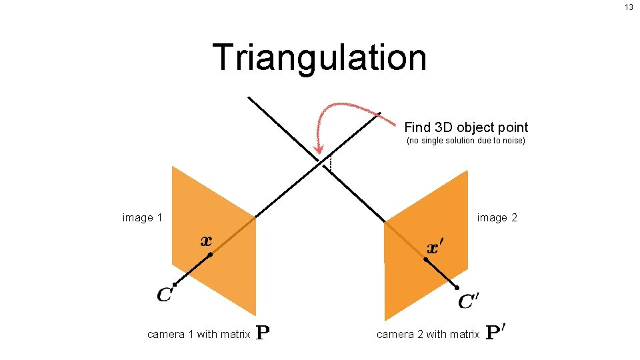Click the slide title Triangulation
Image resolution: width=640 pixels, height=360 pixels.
pyautogui.click(x=319, y=57)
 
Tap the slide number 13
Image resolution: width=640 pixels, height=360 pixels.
pyautogui.click(x=629, y=7)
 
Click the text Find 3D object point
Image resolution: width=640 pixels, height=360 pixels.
pyautogui.click(x=466, y=127)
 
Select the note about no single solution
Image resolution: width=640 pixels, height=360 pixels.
pyautogui.click(x=466, y=141)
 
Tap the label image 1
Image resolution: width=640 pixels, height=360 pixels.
pyautogui.click(x=143, y=218)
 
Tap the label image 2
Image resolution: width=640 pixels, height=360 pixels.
pyautogui.click(x=497, y=218)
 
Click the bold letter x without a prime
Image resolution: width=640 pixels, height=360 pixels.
pyautogui.click(x=207, y=241)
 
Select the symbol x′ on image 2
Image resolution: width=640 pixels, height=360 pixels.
pyautogui.click(x=434, y=248)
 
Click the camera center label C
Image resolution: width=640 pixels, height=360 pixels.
pyautogui.click(x=165, y=294)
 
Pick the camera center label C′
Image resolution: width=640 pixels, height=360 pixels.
pyautogui.click(x=469, y=301)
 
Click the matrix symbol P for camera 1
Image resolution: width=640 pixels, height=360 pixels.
pyautogui.click(x=263, y=333)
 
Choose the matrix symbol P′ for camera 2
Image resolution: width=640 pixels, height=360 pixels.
pyautogui.click(x=495, y=332)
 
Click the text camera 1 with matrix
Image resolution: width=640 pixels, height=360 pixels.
pyautogui.click(x=199, y=334)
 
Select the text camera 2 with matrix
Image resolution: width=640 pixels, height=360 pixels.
pyautogui.click(x=428, y=334)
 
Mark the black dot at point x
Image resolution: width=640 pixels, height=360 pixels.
pyautogui.click(x=209, y=255)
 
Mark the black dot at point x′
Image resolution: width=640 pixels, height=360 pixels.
pyautogui.click(x=425, y=259)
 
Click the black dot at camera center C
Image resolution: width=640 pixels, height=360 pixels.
pyautogui.click(x=174, y=285)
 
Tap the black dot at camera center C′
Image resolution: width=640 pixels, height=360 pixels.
pyautogui.click(x=457, y=287)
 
